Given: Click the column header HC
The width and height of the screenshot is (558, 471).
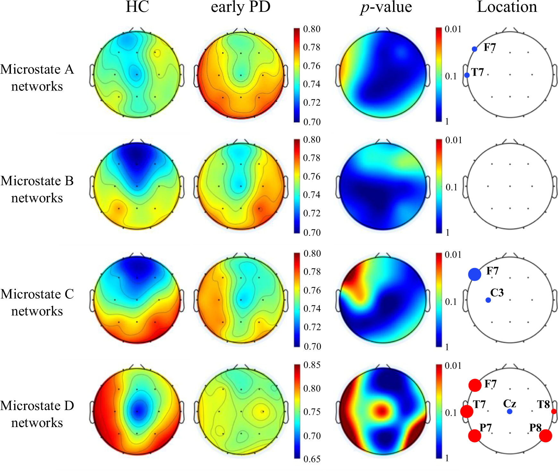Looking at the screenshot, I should [x=137, y=7].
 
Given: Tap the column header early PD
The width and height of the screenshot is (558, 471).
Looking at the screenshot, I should [x=241, y=7].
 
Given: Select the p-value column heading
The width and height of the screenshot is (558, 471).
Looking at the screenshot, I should [x=386, y=7].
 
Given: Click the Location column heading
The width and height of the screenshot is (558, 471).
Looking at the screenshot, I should [x=507, y=7].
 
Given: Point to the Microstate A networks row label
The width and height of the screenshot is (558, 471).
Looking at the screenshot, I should [x=37, y=78].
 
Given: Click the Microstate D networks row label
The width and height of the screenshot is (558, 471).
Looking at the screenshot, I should [x=37, y=414].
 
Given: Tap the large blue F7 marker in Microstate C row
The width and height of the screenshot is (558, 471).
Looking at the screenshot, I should [x=475, y=274].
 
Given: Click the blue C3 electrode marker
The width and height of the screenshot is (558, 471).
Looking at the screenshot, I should [x=488, y=300].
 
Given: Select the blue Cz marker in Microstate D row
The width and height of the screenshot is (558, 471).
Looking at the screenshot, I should [x=510, y=411].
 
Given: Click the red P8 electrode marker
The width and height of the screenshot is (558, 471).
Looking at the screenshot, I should [x=545, y=436].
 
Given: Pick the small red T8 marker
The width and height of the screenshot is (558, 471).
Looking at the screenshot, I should [x=554, y=411].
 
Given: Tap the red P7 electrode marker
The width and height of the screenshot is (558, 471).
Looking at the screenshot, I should [x=475, y=436].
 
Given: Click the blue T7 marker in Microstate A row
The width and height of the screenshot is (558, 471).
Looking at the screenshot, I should [x=467, y=75].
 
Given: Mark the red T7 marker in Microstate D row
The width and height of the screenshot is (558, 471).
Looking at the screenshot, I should [x=467, y=411].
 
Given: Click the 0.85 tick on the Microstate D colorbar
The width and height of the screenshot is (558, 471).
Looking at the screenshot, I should [x=312, y=365].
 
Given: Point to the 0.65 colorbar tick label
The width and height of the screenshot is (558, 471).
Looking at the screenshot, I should [x=312, y=459].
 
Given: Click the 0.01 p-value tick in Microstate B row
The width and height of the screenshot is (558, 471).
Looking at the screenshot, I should [x=453, y=140].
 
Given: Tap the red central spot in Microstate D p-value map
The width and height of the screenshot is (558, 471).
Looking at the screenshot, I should [x=381, y=410].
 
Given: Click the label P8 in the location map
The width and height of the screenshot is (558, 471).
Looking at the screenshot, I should [x=535, y=428].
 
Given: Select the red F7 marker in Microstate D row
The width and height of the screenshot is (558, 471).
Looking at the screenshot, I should [x=475, y=385].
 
